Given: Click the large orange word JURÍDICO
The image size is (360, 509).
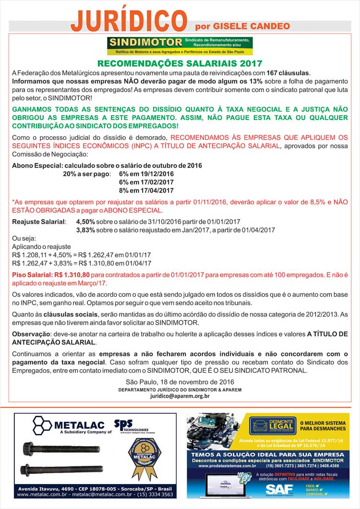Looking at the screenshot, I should (129, 20).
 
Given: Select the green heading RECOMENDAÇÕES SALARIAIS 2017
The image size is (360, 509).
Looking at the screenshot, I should (180, 63).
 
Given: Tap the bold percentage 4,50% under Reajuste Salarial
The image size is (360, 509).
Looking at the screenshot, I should (85, 222).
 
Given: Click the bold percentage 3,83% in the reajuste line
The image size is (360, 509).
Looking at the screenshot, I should (85, 230).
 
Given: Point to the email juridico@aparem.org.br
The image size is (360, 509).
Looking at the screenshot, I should (180, 396).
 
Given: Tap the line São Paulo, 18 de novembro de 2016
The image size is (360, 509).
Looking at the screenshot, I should (180, 382).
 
